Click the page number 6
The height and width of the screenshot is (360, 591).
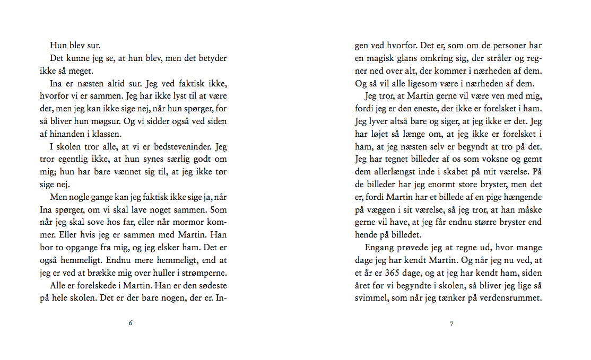tap(131, 323)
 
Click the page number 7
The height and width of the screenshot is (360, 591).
tap(451, 323)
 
